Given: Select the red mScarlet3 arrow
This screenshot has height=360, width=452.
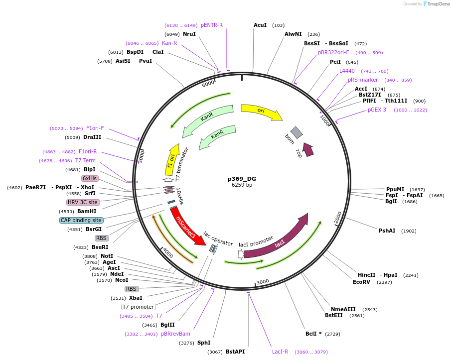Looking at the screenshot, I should pyautogui.click(x=187, y=227).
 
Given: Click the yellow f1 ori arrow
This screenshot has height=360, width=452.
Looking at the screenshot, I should pyautogui.click(x=172, y=160).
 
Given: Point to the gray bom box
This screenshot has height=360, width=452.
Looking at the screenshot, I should pyautogui.click(x=297, y=132).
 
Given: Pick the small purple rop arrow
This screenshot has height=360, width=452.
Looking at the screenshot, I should pyautogui.click(x=308, y=149).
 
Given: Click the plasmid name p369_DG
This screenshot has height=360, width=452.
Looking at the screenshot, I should pyautogui.click(x=242, y=179).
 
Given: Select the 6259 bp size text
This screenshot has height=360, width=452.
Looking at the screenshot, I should pyautogui.click(x=242, y=185).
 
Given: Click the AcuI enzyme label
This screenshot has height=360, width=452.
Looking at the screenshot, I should pyautogui.click(x=260, y=25).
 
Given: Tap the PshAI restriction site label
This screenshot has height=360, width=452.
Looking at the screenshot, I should pyautogui.click(x=387, y=231).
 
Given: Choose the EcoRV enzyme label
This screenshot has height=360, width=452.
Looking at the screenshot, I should pyautogui.click(x=362, y=282).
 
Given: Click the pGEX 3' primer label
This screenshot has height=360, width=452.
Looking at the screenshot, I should pyautogui.click(x=378, y=110).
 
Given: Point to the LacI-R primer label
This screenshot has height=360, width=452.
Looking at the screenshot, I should pyautogui.click(x=280, y=352).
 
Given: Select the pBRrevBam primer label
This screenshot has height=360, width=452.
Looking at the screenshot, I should pyautogui.click(x=175, y=334).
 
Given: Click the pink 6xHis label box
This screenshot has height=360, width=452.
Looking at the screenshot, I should pyautogui.click(x=90, y=178).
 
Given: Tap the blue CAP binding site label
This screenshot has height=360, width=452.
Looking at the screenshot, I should pyautogui.click(x=81, y=220).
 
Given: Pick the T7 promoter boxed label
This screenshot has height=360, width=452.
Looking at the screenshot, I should pyautogui.click(x=138, y=307).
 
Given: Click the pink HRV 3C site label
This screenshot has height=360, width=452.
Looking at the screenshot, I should pyautogui.click(x=83, y=202).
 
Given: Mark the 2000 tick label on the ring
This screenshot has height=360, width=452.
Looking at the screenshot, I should pyautogui.click(x=338, y=217).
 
